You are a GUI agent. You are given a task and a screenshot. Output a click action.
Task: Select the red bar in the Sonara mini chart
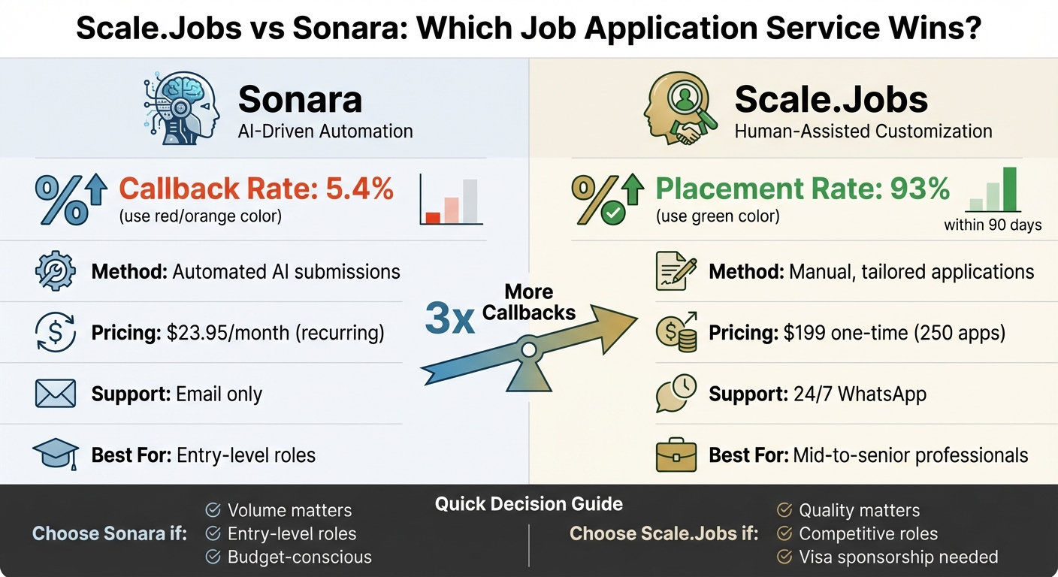click(433, 217)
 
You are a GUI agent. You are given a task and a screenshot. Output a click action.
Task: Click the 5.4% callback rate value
click(360, 189)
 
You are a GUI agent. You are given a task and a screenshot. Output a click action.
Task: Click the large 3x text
click(449, 319)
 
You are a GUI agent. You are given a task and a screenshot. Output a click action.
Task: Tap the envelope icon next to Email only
click(55, 394)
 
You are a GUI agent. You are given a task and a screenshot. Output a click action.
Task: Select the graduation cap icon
click(56, 454)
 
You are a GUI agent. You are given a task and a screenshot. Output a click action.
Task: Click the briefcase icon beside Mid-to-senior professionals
click(676, 455)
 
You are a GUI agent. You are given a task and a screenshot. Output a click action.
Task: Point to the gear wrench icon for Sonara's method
click(55, 271)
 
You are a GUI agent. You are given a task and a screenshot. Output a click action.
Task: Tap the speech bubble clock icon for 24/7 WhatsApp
click(676, 393)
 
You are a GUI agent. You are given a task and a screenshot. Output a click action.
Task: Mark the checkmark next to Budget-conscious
click(213, 557)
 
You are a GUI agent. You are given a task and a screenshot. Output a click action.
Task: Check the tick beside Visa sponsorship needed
click(784, 557)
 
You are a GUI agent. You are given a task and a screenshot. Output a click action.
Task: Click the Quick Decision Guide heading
click(528, 504)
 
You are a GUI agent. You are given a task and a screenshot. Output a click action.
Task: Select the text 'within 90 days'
click(993, 225)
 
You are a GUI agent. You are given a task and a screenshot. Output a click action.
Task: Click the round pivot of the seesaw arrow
click(529, 349)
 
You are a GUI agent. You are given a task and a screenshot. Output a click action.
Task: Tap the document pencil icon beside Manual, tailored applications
click(676, 271)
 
